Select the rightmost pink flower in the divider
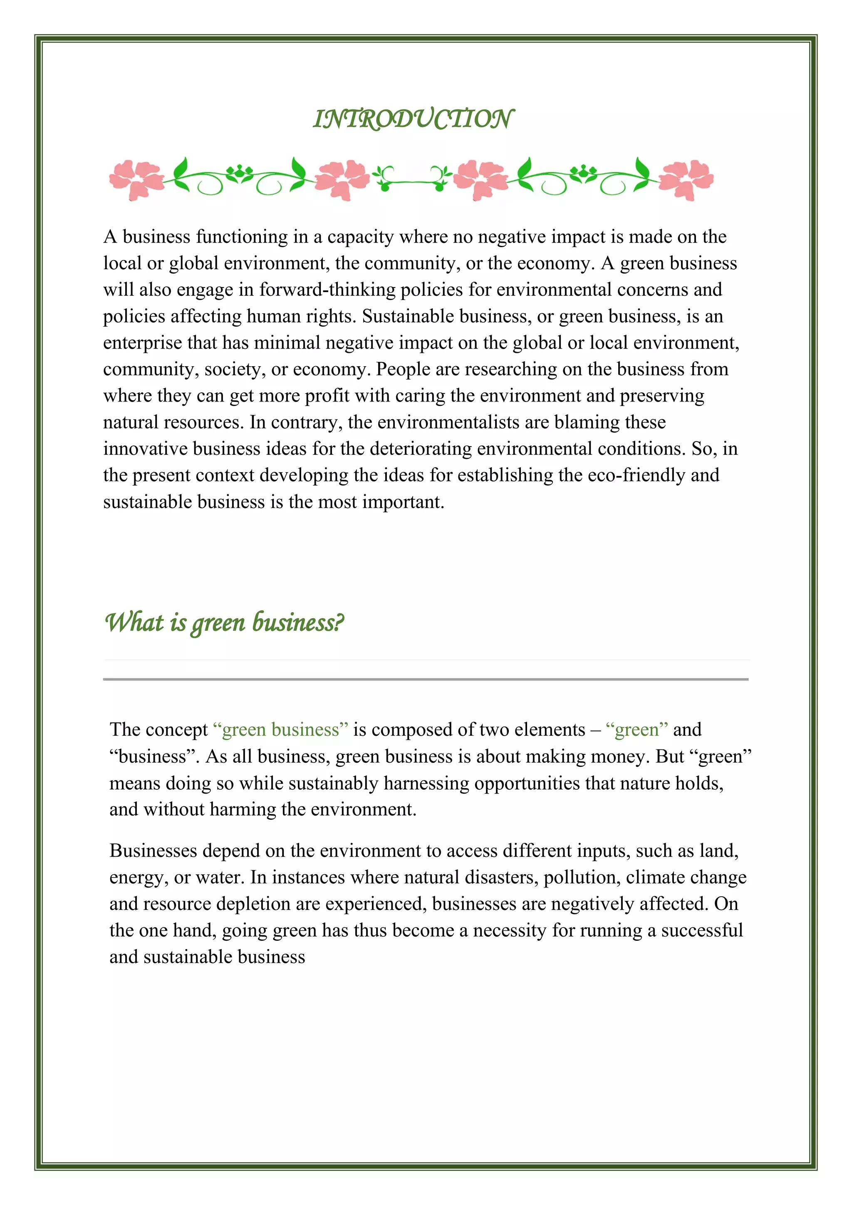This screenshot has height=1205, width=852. [685, 180]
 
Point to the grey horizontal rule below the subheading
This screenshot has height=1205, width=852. [426, 679]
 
